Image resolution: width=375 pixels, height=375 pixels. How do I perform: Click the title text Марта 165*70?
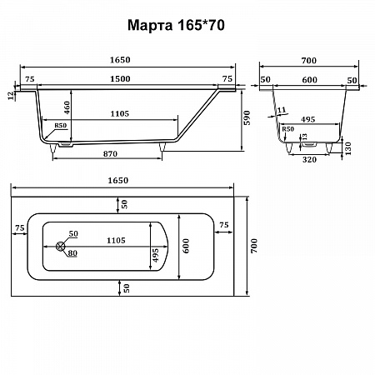click(176, 25)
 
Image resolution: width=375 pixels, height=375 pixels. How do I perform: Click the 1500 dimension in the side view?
click(120, 79)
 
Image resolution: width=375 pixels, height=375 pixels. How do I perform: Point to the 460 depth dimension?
click(67, 107)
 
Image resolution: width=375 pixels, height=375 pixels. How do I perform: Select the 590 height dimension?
click(247, 117)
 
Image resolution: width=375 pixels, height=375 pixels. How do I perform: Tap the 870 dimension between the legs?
click(110, 153)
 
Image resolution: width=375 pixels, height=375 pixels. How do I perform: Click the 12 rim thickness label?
click(11, 96)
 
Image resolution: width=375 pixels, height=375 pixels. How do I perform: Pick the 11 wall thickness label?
click(282, 110)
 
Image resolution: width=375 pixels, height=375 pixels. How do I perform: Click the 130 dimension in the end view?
click(347, 148)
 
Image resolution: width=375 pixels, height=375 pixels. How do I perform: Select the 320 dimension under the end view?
click(309, 160)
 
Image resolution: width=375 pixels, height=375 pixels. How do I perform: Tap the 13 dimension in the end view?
click(305, 137)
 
